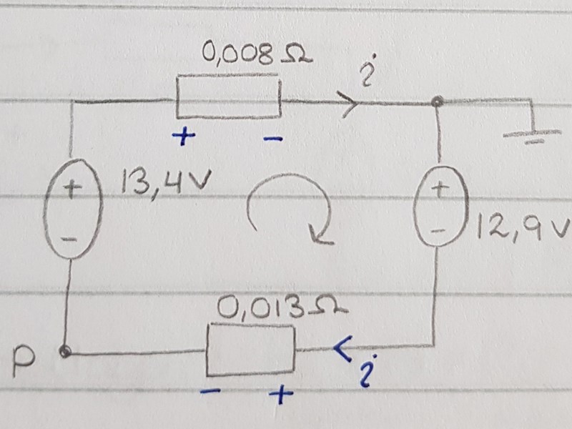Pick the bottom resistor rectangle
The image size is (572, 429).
tap(250, 349)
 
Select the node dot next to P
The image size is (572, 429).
tap(66, 352)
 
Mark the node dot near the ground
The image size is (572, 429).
tap(438, 104)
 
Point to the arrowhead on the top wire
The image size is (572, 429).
tap(350, 104)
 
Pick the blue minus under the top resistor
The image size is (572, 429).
tap(272, 139)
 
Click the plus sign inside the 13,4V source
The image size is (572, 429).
tap(73, 189)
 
